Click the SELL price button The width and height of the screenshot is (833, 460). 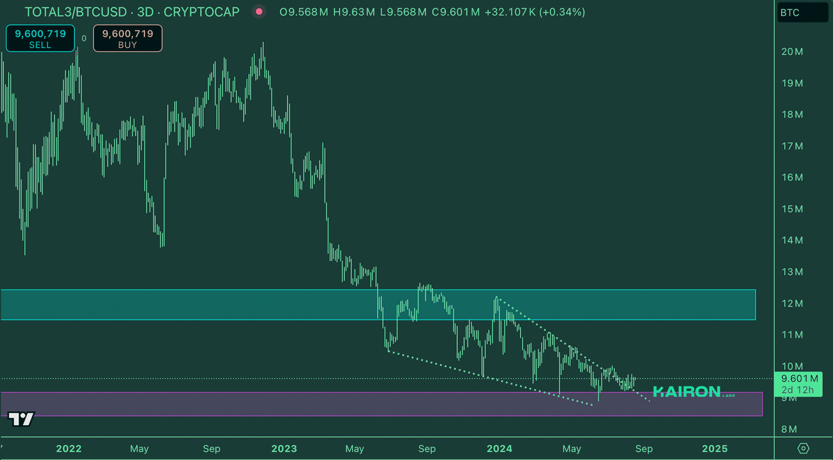point(40,38)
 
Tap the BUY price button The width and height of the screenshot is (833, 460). point(128,38)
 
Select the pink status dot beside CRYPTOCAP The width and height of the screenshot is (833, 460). point(259,12)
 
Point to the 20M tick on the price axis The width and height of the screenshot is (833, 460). point(792,52)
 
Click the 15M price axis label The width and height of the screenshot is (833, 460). point(792,209)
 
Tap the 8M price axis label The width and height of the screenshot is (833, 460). point(789,429)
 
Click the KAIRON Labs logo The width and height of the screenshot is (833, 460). point(692,392)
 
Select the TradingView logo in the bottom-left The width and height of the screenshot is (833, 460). point(21,419)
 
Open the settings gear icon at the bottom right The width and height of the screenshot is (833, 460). point(803,448)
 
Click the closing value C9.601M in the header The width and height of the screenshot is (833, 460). point(456,12)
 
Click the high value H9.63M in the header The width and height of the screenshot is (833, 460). point(354,12)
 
